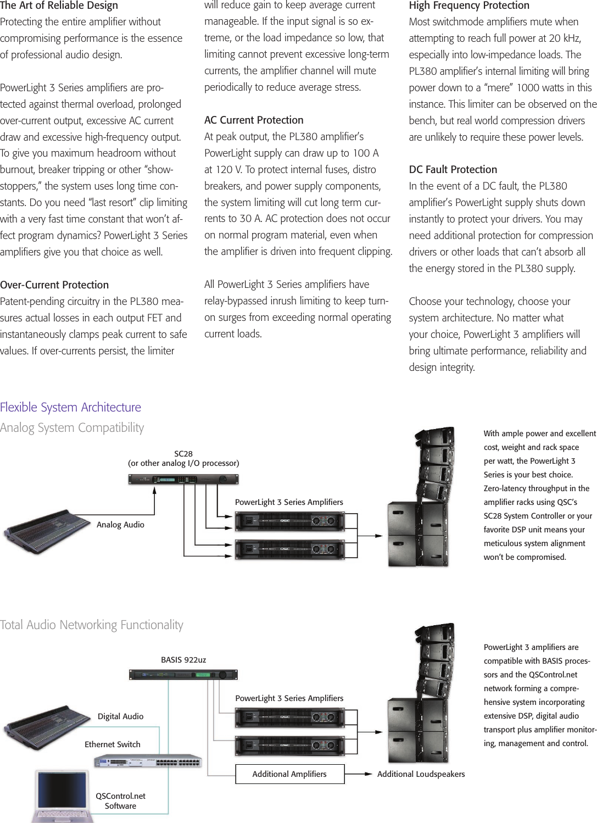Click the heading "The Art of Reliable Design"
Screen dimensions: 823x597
[59, 5]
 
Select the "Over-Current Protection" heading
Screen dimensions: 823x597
[54, 285]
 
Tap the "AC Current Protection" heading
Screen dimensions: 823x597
[254, 120]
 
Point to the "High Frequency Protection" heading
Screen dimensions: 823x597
[469, 5]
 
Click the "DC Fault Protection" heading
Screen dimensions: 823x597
[453, 169]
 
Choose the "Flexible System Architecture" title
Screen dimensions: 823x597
[70, 407]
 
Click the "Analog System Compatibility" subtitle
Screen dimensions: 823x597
[72, 427]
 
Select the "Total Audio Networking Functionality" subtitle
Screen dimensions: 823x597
[92, 625]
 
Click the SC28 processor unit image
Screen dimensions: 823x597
[183, 480]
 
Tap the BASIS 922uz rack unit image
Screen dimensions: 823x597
[183, 675]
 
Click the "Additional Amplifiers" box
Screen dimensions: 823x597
[289, 774]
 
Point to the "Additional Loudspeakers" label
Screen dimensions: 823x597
[421, 774]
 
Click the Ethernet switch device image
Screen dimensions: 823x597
[148, 761]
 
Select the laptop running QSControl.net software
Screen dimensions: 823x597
[62, 797]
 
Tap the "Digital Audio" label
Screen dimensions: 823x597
[120, 716]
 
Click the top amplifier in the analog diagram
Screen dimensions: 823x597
[289, 521]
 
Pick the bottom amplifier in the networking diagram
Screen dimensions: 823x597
[289, 746]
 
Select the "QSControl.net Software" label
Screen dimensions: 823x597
[120, 801]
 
